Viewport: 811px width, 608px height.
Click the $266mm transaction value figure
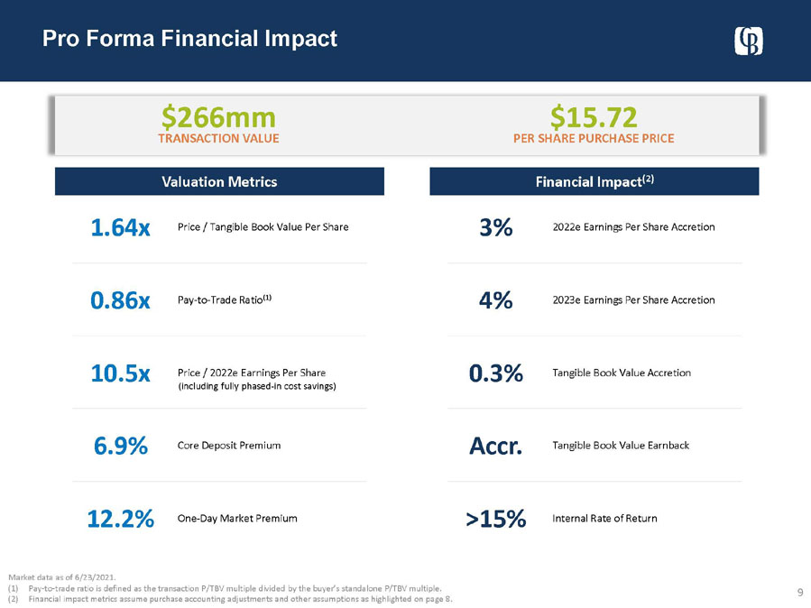[x=218, y=116]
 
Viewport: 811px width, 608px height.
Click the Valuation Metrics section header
[x=219, y=181]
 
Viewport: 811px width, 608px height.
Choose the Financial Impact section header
[x=594, y=181]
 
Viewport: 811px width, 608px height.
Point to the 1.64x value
[x=120, y=227]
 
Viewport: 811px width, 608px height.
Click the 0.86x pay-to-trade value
[x=120, y=300]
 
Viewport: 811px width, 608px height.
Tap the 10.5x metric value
[x=120, y=373]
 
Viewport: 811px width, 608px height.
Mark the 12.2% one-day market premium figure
[x=120, y=519]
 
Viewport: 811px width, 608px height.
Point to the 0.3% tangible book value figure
[x=495, y=373]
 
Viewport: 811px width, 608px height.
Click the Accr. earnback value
[x=495, y=446]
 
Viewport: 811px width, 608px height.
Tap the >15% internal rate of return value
[x=495, y=519]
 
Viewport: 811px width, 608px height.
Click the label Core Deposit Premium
[x=229, y=446]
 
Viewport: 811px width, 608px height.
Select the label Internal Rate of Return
[x=604, y=519]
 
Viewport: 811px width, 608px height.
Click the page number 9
[x=800, y=592]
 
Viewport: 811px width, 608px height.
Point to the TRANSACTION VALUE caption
[x=218, y=139]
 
